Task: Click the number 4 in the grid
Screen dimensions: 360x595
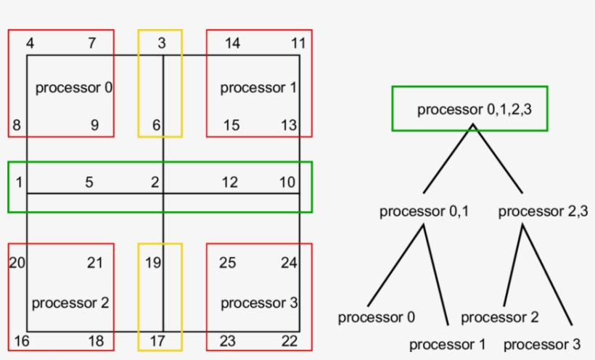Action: tap(30, 44)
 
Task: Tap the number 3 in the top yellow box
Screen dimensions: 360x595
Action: tap(161, 44)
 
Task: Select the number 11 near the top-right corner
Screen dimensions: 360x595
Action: tap(298, 44)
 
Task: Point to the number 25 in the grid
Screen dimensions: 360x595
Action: tap(227, 263)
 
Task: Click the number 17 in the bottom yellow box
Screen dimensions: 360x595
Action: tap(157, 341)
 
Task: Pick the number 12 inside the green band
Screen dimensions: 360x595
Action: tap(229, 182)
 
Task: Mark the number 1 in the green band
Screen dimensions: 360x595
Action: tap(18, 182)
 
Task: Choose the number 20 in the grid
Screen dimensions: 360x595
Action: tap(17, 263)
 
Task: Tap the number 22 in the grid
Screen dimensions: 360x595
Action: tap(289, 341)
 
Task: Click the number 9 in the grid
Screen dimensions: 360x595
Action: tap(94, 126)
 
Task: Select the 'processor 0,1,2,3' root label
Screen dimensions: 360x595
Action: tap(469, 110)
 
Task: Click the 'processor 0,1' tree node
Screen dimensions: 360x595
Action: tap(424, 212)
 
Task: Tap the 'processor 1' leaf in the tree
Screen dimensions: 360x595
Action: tap(447, 344)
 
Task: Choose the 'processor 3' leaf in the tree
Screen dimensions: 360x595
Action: tap(542, 344)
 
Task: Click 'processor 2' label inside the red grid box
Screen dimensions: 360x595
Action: tap(70, 303)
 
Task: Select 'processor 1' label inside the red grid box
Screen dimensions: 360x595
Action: tap(258, 88)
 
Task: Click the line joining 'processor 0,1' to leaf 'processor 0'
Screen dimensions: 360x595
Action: tap(395, 266)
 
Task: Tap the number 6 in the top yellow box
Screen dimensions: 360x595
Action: tap(156, 126)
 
